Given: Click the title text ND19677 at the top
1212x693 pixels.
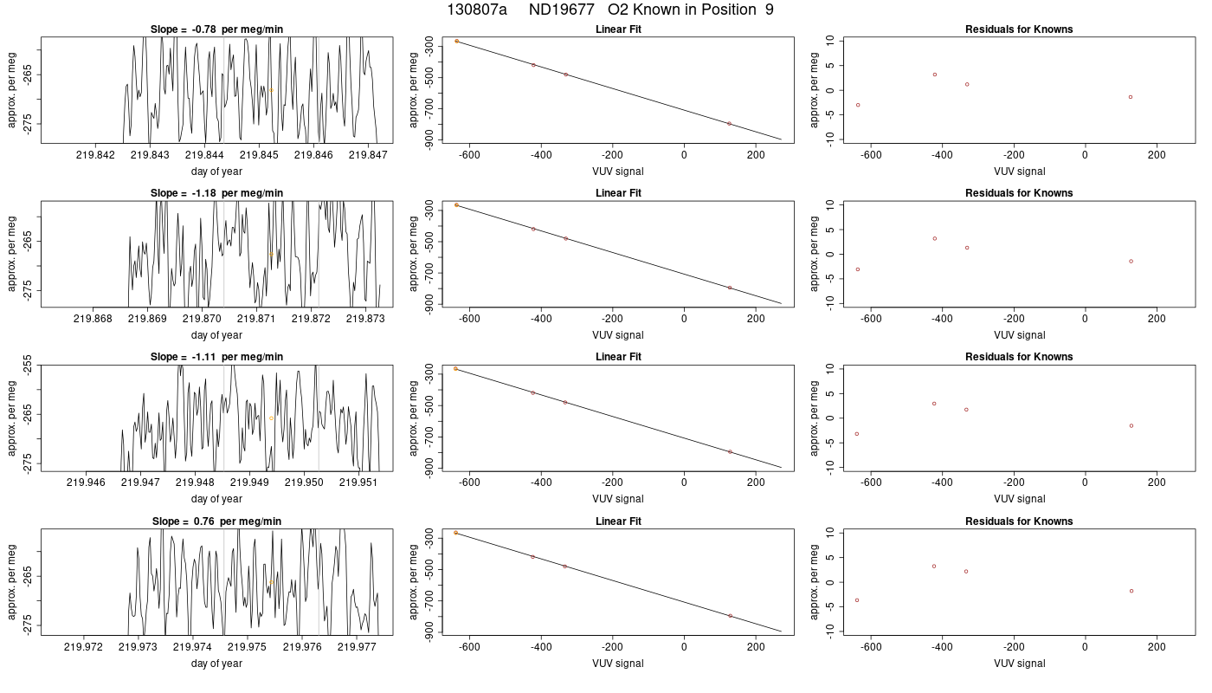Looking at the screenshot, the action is coord(561,10).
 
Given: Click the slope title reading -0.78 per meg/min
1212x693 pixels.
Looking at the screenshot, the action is coord(216,29).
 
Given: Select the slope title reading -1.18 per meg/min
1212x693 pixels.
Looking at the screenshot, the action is coord(216,193).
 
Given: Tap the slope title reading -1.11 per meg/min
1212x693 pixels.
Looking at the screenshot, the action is coord(216,357).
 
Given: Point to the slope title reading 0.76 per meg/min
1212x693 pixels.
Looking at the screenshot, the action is coord(216,521).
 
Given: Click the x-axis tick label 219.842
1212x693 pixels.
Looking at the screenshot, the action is coord(96,155).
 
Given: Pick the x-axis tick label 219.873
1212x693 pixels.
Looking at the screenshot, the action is coord(365,319).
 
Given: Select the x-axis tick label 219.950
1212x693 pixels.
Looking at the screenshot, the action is coord(304,483).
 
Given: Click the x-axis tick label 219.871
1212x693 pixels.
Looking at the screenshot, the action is coord(256,319).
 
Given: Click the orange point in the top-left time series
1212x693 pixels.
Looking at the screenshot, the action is coord(271,90).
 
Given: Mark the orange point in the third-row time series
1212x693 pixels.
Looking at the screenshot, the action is coord(271,418).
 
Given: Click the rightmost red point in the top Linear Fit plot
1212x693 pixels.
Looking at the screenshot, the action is coord(729,124).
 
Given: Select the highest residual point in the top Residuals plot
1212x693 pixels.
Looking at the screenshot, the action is coord(934,74).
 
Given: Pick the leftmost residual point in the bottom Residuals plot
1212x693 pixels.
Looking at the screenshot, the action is coord(857,600).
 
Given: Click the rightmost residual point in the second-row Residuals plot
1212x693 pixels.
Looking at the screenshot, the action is coord(1131,262).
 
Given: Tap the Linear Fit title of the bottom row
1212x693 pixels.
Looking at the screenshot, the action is coord(618,521).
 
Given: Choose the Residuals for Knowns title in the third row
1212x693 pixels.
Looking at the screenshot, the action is coord(1019,357).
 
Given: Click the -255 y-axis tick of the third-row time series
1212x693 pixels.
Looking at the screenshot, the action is coord(28,366).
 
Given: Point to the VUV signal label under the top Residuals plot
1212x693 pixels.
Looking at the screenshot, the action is coord(1020,172).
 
